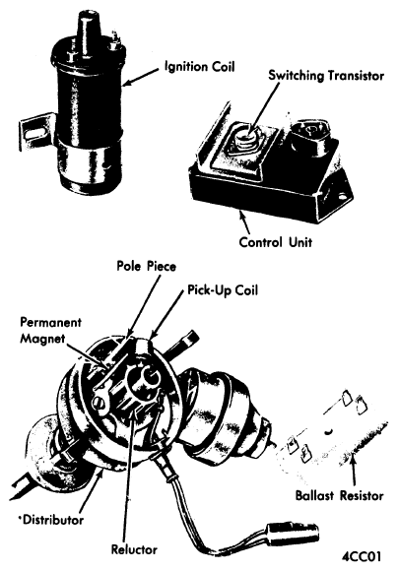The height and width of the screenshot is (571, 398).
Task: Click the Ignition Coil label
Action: [x=200, y=67]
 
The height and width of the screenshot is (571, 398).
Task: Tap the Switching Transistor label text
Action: [x=326, y=76]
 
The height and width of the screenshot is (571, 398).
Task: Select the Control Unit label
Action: [x=276, y=242]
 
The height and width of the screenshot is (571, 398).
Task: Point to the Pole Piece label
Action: [x=146, y=266]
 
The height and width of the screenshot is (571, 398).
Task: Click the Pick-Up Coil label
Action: [x=223, y=289]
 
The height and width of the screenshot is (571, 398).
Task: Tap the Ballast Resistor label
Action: [x=339, y=495]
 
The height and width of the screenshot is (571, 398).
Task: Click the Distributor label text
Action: [x=53, y=520]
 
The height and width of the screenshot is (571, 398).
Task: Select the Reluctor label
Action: [x=134, y=549]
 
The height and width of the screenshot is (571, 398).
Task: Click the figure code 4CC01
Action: [x=362, y=557]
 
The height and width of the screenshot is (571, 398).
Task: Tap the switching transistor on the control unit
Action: [x=245, y=140]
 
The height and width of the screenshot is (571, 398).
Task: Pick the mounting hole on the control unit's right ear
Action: [x=342, y=198]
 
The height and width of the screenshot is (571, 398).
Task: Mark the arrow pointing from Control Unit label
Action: [x=245, y=222]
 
